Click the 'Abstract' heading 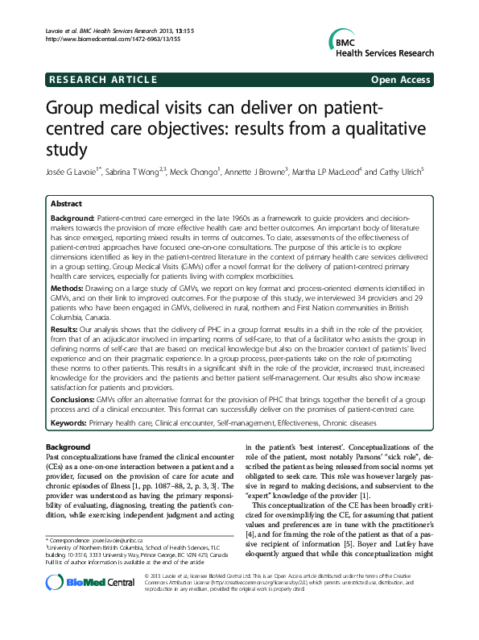click(x=67, y=204)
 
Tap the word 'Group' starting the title click(x=72, y=108)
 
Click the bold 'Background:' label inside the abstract click(x=72, y=219)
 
